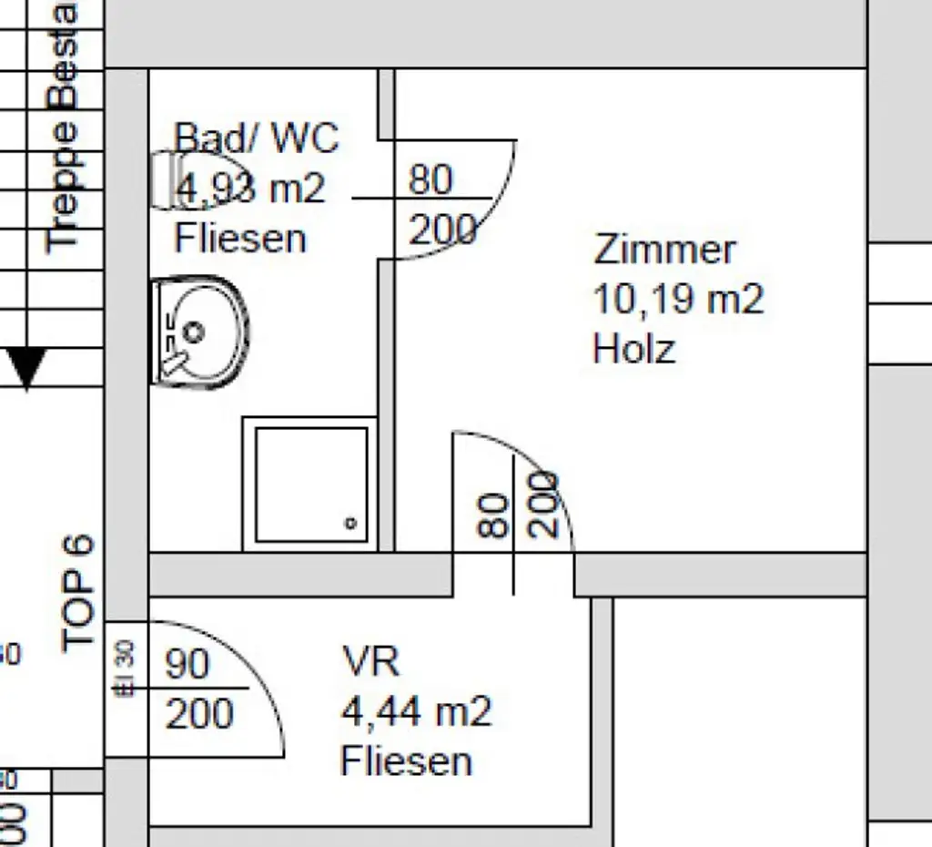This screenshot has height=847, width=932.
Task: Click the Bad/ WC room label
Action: tap(256, 138)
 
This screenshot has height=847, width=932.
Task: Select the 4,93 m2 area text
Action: tap(249, 189)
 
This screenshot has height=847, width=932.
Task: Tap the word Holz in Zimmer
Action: tap(633, 349)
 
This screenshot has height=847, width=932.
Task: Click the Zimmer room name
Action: tap(664, 250)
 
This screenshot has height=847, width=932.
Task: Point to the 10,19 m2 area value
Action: tap(678, 299)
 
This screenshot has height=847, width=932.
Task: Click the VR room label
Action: tap(370, 660)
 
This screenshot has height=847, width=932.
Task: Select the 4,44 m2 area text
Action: tap(416, 710)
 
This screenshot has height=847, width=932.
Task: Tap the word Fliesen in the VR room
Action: tap(406, 761)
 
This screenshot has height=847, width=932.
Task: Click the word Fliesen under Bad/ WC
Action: tap(240, 239)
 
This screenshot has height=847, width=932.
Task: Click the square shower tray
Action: tap(310, 484)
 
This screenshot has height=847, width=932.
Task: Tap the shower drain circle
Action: tap(350, 523)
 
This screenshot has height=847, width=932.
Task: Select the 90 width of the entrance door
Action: tap(187, 665)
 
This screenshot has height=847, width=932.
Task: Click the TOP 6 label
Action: tap(78, 593)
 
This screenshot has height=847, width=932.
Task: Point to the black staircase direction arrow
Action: tap(26, 369)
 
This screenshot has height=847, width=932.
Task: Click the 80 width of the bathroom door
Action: tap(431, 179)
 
